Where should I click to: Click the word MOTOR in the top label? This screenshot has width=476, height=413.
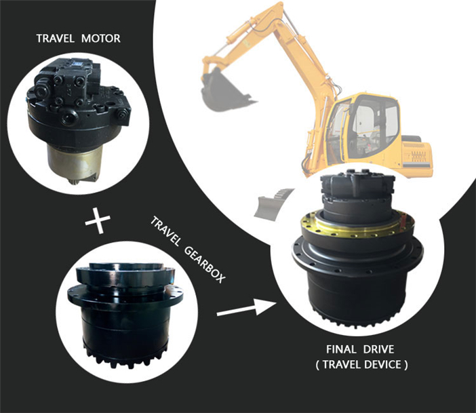click(x=101, y=39)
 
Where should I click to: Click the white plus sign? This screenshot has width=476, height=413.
click(x=99, y=221)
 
